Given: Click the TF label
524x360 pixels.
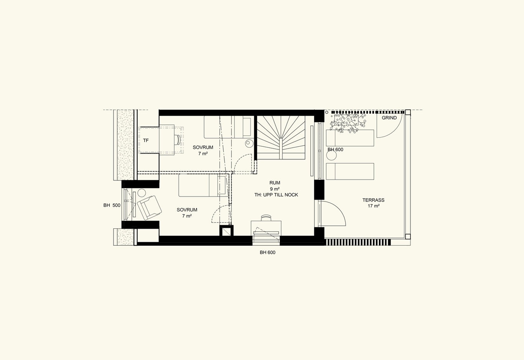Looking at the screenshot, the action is tap(146, 140).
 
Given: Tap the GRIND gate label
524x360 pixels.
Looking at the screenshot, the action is tap(389, 118).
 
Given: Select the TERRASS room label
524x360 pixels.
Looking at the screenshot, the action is tap(373, 200).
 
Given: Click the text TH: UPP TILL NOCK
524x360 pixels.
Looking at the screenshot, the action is tap(276, 195).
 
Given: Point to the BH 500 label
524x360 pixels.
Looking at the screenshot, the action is tap(112, 205).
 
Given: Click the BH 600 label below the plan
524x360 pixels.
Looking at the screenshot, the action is tap(267, 252).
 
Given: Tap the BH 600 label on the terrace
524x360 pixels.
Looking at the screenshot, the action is tap(335, 150).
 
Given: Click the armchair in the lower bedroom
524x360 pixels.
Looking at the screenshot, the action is tap(149, 208).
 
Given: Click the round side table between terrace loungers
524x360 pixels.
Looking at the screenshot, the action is tap(331, 155).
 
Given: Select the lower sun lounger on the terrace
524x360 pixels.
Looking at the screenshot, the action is tap(350, 172).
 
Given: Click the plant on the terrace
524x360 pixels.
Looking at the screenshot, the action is tap(348, 123).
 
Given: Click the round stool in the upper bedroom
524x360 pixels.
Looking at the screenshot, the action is tap(249, 143).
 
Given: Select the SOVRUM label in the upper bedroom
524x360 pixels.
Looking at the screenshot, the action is tap(203, 147).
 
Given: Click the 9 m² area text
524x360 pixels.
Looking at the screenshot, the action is tap(275, 189).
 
